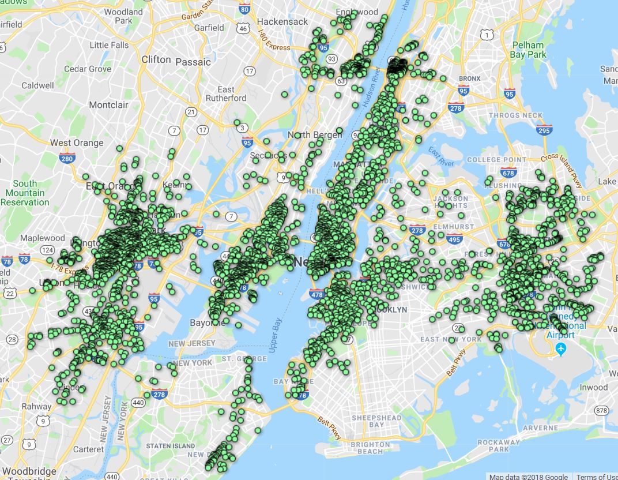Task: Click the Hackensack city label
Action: (x=283, y=21)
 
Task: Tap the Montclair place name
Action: (x=109, y=105)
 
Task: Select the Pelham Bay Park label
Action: (x=527, y=50)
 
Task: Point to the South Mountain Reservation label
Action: (x=25, y=193)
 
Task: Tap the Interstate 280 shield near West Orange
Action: (x=67, y=157)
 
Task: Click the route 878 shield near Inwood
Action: (x=602, y=410)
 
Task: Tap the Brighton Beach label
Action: (x=370, y=448)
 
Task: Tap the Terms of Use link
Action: (x=596, y=477)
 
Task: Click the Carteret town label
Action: (x=89, y=449)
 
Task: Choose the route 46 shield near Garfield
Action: (x=243, y=28)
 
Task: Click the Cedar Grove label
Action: (x=88, y=69)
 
